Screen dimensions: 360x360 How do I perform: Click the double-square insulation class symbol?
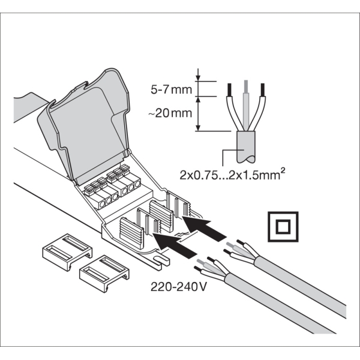pyautogui.click(x=281, y=227)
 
